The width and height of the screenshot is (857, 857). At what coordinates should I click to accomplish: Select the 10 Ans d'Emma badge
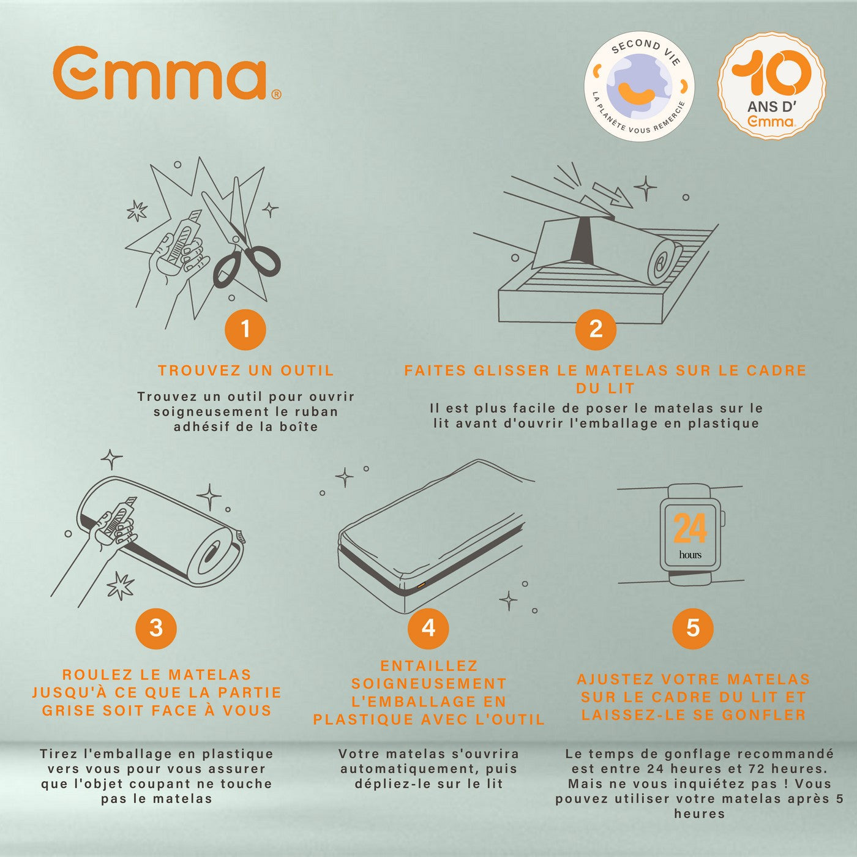coord(772,85)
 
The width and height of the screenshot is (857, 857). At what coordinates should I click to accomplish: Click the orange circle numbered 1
coord(245,329)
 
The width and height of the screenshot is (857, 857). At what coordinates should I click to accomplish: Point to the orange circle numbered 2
coord(596,329)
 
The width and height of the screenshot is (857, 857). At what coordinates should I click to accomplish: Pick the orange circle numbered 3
coord(156,629)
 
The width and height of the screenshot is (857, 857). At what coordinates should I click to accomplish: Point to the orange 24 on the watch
coord(690,528)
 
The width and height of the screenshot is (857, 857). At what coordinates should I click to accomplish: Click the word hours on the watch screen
coord(690,555)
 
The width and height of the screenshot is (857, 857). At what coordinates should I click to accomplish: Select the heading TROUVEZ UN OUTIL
coord(246,370)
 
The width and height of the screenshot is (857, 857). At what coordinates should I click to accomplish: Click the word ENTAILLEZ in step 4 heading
coord(429,666)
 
